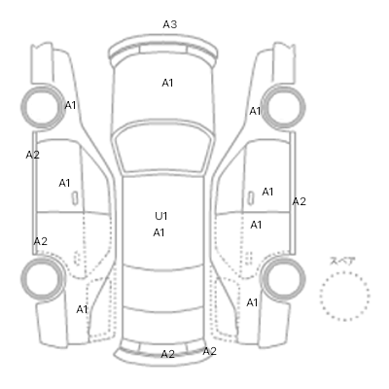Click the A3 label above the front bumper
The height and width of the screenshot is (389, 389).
click(170, 24)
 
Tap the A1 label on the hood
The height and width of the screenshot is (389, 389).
click(167, 83)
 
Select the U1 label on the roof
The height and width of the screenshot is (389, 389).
click(160, 216)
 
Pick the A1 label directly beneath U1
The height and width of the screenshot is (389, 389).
click(159, 232)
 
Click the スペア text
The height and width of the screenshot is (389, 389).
click(342, 262)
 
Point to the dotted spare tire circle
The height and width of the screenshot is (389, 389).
click(344, 272)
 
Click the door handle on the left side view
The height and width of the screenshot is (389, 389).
click(75, 198)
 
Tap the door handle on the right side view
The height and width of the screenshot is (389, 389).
click(251, 197)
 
